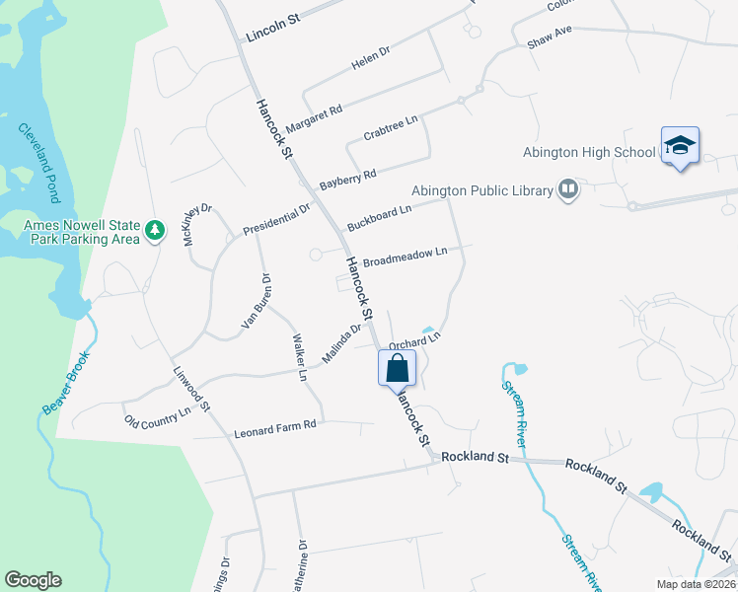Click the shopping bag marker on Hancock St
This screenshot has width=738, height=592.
tap(397, 368)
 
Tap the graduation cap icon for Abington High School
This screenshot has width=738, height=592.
tap(680, 146)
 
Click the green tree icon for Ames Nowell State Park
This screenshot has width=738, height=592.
tap(154, 230)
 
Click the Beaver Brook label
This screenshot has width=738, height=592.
tap(66, 383)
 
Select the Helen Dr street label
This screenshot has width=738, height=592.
tap(372, 63)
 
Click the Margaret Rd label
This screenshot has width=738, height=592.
tap(313, 118)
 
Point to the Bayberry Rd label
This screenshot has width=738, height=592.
tap(347, 181)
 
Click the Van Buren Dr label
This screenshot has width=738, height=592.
tap(256, 302)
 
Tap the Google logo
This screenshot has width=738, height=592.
tap(33, 580)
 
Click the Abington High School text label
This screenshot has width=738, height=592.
tap(589, 152)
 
